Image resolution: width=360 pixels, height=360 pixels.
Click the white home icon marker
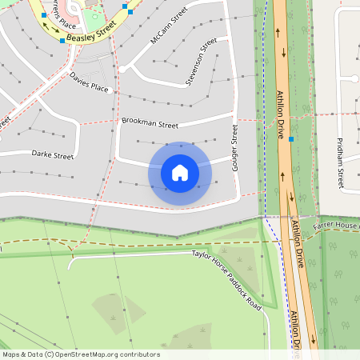180,172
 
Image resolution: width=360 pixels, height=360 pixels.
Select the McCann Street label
169,26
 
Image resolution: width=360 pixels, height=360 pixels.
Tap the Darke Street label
52,154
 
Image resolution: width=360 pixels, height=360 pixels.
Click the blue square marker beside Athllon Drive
292,139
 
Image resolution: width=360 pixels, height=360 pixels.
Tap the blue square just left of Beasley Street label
62,40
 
